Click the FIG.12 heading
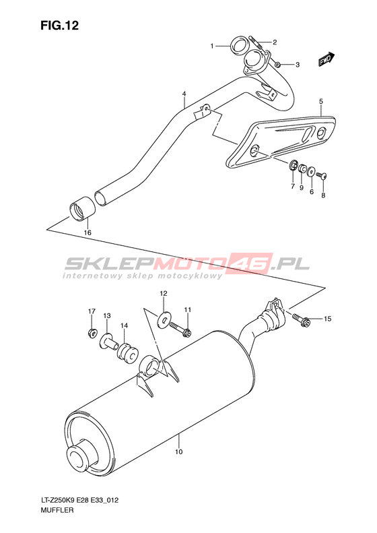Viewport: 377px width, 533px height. [59, 26]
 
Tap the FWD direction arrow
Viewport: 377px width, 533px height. [327, 59]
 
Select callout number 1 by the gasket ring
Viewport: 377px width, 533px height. [212, 46]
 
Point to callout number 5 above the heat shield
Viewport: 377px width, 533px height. [321, 101]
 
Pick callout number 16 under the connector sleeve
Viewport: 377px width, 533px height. [88, 233]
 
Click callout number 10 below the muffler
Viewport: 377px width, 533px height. [179, 451]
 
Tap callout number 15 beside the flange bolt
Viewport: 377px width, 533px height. [327, 319]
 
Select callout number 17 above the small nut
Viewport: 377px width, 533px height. [92, 311]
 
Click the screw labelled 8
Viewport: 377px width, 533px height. [321, 176]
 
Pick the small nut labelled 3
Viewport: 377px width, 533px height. [277, 63]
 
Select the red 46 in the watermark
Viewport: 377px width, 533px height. [252, 263]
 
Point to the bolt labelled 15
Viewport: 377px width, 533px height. [300, 319]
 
